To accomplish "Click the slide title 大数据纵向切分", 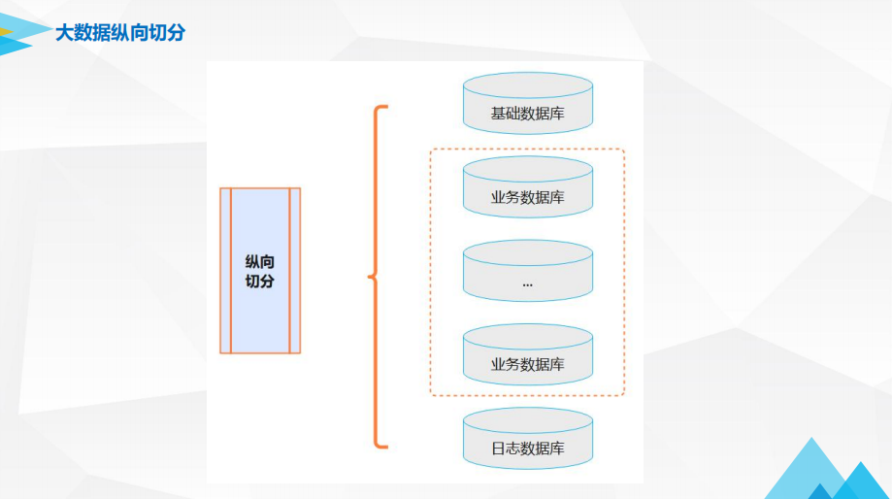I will coord(119,33).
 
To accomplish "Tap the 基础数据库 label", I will coord(527,114).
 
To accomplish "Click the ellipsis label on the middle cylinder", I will coord(527,283).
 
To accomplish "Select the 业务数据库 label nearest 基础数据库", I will coord(527,198).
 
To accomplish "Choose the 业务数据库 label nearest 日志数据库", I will coord(527,365).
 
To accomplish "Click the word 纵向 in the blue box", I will coord(260,261).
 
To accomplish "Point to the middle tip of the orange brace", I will coord(370,278).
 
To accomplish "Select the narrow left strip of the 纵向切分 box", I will coord(225,270).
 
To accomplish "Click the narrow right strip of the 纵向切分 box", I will coord(295,270).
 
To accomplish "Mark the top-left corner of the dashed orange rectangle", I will coord(431,150).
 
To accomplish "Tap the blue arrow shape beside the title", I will coord(21,35).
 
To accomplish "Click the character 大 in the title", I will coord(64,33).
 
